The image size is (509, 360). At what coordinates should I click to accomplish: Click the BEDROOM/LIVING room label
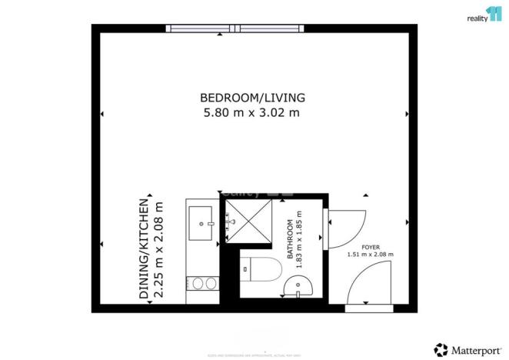click(x=253, y=98)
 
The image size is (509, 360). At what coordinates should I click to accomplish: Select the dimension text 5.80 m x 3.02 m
click(x=251, y=113)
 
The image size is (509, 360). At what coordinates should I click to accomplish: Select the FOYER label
click(x=370, y=247)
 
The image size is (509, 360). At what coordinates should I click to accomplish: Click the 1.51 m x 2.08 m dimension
click(x=370, y=255)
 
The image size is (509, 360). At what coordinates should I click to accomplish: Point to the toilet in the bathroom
click(x=258, y=272)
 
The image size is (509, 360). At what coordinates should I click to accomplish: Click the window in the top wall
click(x=237, y=29)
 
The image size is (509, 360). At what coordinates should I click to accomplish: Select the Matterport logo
click(x=464, y=348)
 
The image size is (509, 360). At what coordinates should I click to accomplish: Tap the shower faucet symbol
click(x=228, y=224)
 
